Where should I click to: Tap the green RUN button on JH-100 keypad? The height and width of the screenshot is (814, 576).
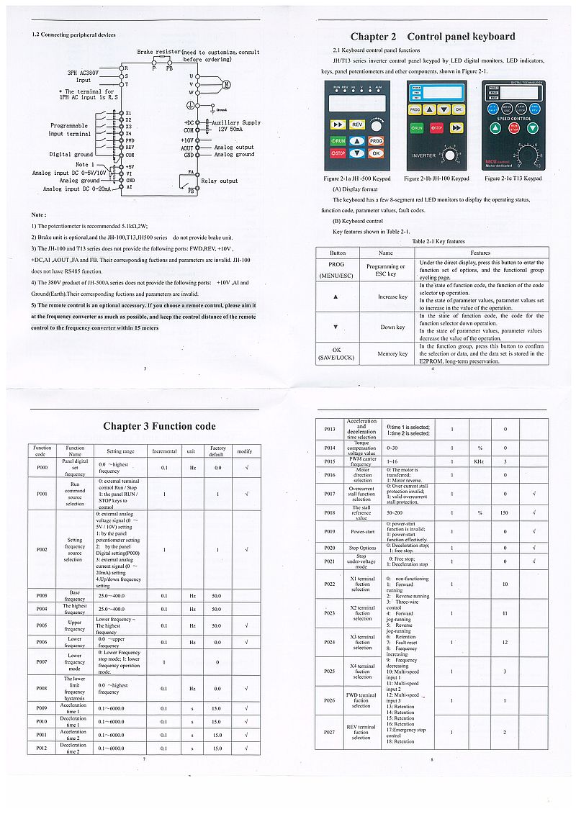[417, 127]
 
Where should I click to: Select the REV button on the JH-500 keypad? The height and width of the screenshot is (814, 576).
[357, 125]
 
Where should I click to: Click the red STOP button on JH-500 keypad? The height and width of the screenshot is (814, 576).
[338, 153]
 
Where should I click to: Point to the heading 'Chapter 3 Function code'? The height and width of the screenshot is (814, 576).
[159, 426]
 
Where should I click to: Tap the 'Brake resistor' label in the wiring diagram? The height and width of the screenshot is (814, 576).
[158, 53]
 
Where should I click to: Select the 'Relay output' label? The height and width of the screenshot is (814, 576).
[219, 181]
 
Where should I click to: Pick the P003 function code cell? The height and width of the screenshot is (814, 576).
[42, 596]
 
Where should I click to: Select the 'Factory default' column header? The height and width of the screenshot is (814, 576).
[217, 451]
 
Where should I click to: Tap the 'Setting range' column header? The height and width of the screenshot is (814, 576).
[120, 451]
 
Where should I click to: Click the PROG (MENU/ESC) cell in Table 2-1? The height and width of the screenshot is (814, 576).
[337, 269]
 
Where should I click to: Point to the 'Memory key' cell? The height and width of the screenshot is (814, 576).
[392, 353]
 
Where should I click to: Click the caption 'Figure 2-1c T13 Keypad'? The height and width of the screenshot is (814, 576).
[513, 178]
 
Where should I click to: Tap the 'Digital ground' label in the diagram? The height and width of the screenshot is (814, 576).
[71, 155]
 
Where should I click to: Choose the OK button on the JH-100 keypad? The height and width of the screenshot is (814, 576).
[459, 109]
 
